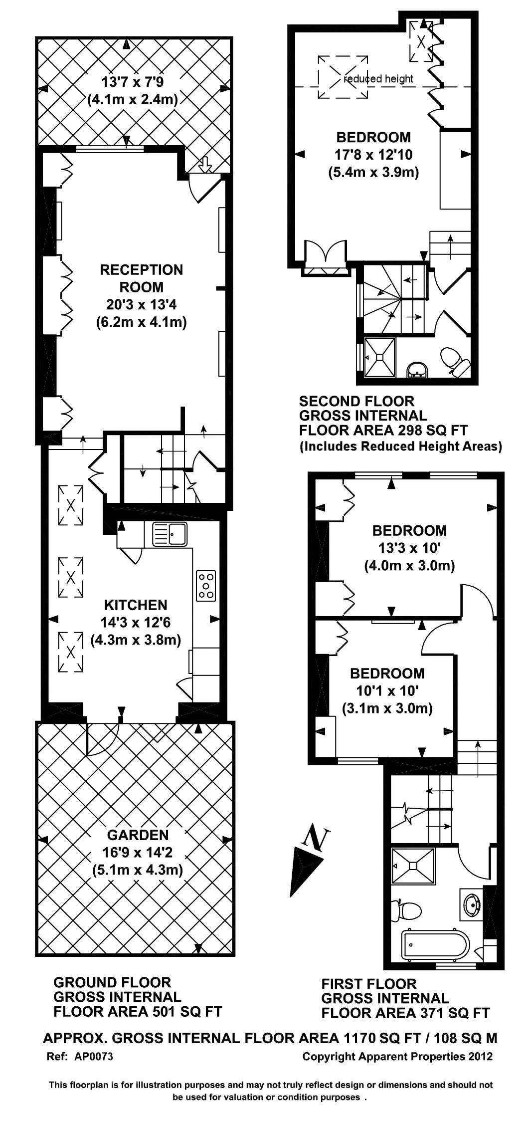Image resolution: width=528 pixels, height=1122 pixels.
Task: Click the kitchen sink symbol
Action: point(170,534)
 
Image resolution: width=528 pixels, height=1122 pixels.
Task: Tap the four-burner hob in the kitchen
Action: point(206,585)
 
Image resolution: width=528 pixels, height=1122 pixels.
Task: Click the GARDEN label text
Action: point(138,835)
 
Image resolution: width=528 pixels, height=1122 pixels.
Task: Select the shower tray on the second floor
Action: point(380,357)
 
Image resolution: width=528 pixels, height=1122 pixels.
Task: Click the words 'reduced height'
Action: point(378,78)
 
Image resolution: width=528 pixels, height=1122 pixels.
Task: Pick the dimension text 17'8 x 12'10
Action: point(373,155)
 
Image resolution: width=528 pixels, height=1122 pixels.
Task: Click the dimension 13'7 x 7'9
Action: point(133,81)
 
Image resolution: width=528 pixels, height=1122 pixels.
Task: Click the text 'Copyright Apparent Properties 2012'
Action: point(397,1057)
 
